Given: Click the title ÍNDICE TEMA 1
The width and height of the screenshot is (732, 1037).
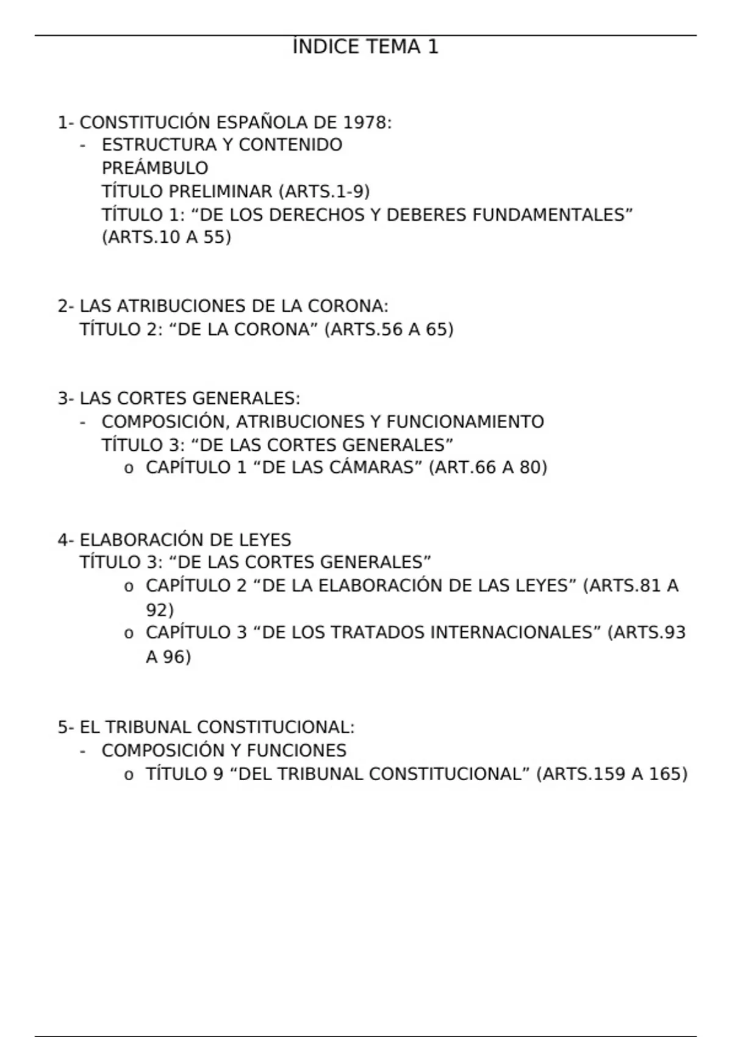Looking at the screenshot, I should [x=365, y=47].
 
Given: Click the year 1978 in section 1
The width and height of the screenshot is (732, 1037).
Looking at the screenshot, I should [x=364, y=123].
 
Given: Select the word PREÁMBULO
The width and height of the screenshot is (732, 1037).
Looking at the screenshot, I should [x=155, y=168].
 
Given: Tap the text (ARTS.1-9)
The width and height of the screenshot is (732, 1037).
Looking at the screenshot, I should [x=324, y=192].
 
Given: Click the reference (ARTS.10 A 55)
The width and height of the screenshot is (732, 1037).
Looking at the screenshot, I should [x=167, y=237].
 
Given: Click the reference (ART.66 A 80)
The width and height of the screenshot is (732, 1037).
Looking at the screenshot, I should [x=488, y=467].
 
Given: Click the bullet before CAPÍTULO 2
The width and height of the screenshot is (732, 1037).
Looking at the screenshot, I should [x=128, y=587].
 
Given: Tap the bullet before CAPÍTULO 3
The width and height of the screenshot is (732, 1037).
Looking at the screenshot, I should [x=128, y=634].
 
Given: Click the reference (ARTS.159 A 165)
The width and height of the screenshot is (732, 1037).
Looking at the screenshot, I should [x=612, y=774].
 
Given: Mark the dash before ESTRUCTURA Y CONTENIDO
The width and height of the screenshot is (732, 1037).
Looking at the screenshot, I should [x=82, y=146].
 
